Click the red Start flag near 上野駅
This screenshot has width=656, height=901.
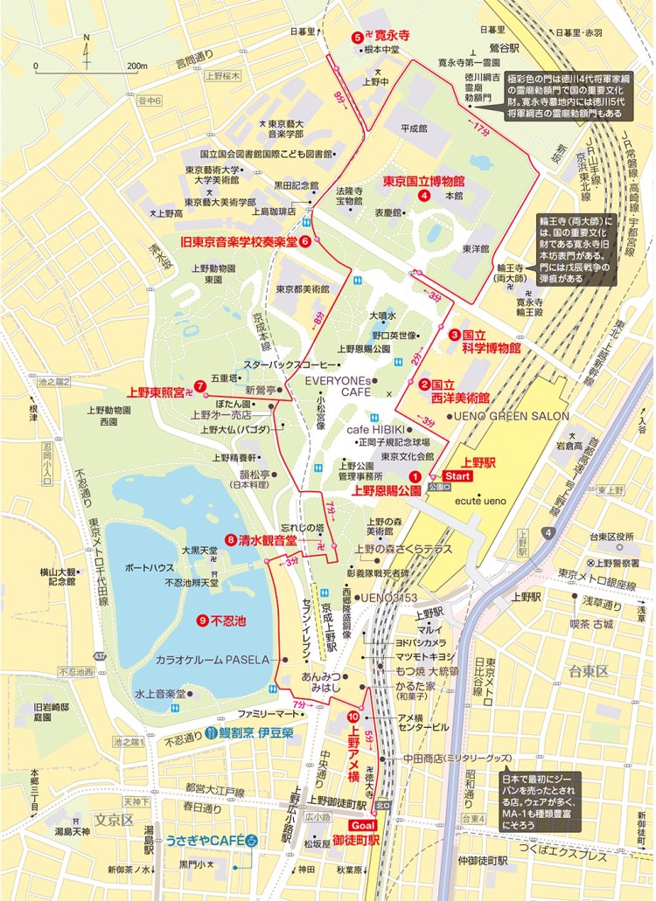tap(458, 475)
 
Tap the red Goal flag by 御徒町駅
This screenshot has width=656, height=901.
tap(362, 824)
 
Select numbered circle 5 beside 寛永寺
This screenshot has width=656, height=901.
tap(357, 38)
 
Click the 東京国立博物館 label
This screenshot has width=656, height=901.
tap(422, 182)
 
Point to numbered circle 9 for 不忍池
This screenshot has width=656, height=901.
tap(202, 620)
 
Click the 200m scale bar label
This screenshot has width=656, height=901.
tap(136, 66)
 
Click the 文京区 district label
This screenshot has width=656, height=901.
tap(113, 820)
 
